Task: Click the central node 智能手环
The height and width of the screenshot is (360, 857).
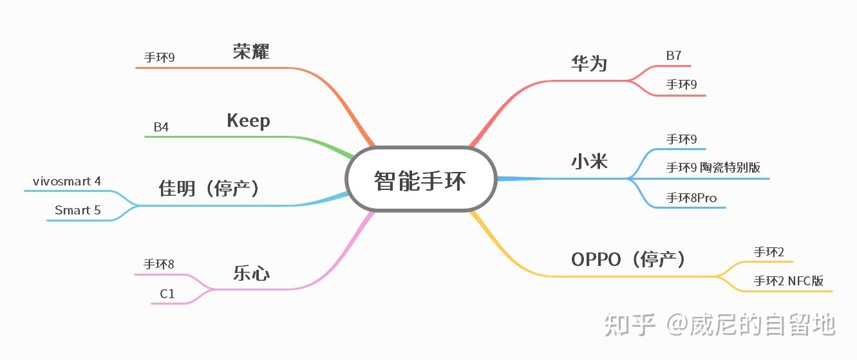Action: (x=421, y=180)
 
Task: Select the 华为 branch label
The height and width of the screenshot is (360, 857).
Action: (x=589, y=63)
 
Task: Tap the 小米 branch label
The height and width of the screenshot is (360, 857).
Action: (x=589, y=161)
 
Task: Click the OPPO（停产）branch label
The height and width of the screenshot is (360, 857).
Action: (x=628, y=260)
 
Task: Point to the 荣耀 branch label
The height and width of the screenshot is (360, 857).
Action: (x=251, y=52)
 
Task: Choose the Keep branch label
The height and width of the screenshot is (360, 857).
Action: (x=249, y=121)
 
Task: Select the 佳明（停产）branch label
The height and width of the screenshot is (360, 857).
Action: (x=209, y=189)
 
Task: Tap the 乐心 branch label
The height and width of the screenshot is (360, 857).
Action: (x=251, y=274)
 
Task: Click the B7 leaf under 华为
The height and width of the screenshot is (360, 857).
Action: (x=673, y=56)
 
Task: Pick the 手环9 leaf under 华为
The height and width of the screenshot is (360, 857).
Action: (x=681, y=84)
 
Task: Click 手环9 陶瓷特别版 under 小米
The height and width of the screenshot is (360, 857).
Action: (x=713, y=167)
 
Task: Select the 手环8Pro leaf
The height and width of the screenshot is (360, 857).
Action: (x=691, y=197)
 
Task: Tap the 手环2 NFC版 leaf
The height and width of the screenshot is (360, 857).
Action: (x=788, y=281)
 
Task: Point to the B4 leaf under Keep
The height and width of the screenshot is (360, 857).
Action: (x=161, y=127)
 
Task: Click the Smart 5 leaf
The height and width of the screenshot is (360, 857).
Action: (x=77, y=211)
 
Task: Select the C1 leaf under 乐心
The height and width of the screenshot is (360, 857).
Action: (x=167, y=294)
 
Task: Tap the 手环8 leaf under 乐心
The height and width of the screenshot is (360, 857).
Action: (x=159, y=264)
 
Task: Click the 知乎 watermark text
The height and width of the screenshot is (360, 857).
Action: (x=629, y=325)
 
